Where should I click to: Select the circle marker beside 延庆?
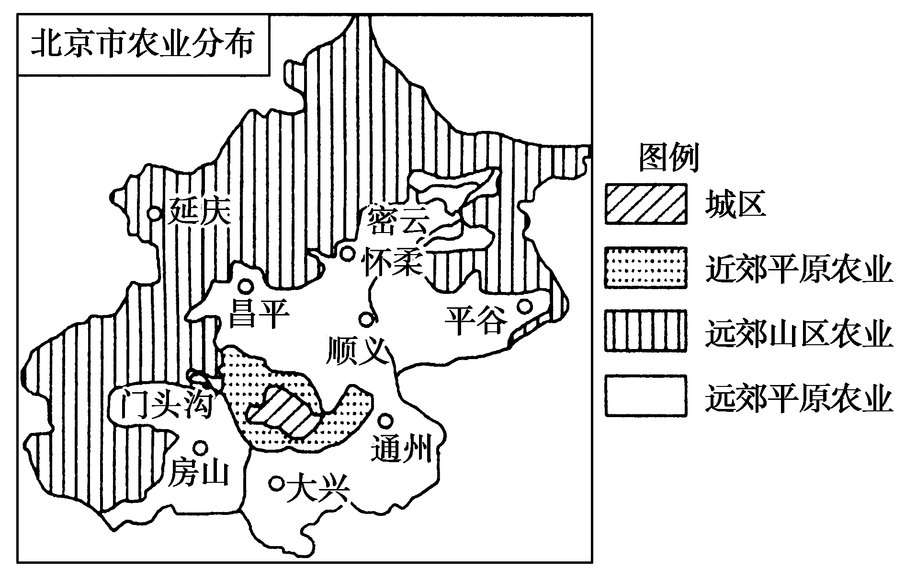click(154, 212)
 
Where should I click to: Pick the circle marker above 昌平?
click(246, 286)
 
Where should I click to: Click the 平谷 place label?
click(475, 320)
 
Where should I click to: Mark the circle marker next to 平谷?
click(525, 305)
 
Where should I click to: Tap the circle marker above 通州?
click(386, 420)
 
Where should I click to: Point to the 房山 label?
click(197, 472)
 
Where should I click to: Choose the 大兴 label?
click(317, 489)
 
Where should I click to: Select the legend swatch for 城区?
click(645, 204)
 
